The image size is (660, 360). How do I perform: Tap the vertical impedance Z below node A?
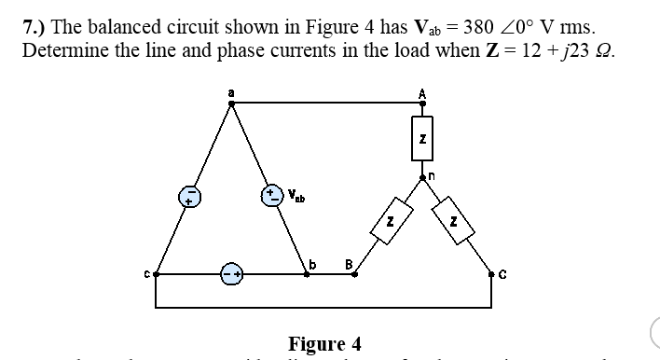(422, 139)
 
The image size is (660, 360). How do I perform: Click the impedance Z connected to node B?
(392, 223)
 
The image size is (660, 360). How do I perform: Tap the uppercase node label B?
(348, 265)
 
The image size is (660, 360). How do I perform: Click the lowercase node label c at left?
(146, 275)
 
